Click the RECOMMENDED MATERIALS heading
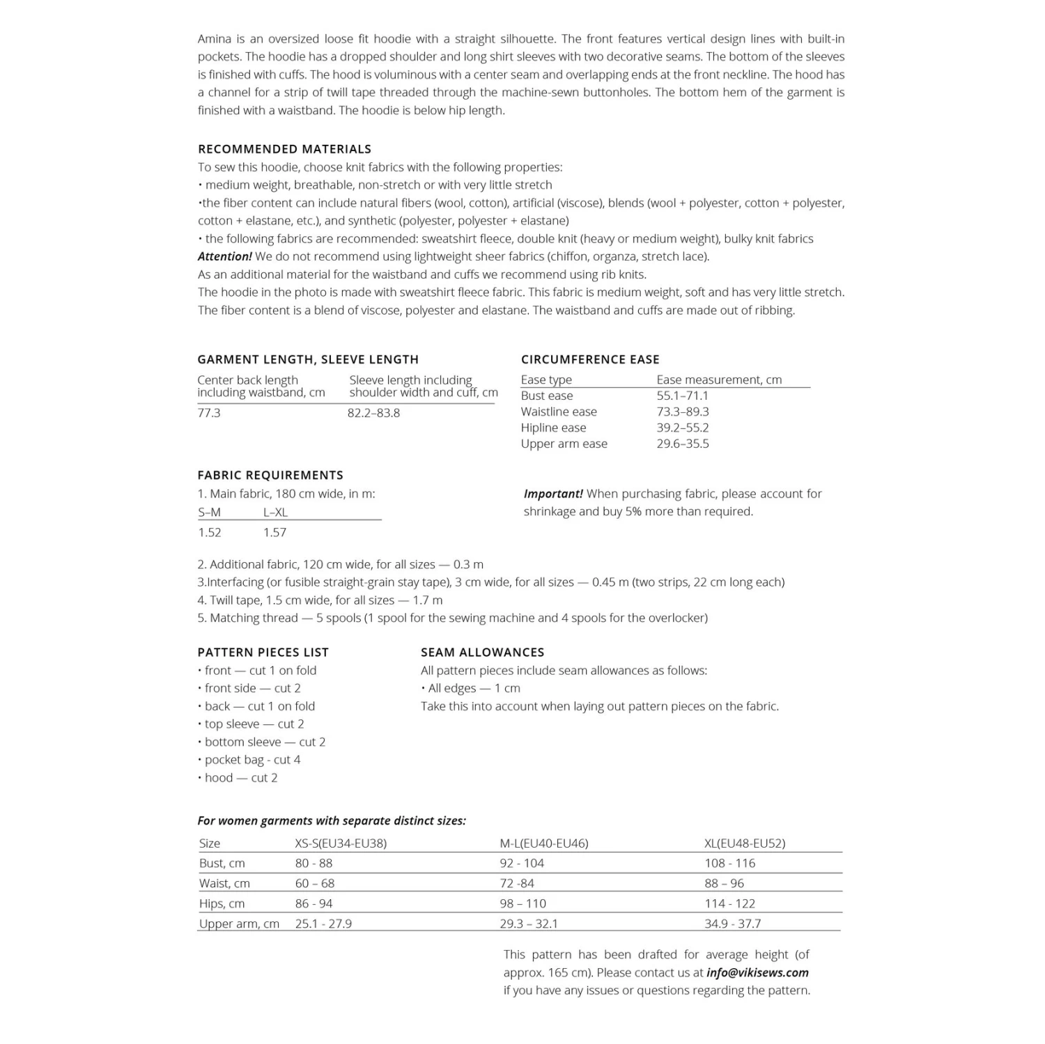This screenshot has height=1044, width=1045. pos(284,149)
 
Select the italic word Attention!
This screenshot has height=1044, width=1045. pos(224,256)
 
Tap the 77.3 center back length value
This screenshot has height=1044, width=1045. pos(209,413)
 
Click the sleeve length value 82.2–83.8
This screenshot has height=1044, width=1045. pos(373,413)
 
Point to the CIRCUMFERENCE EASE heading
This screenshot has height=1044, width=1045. pos(590,359)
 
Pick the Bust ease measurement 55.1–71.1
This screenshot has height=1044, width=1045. pos(682,396)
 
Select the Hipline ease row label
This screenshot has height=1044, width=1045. pos(553,428)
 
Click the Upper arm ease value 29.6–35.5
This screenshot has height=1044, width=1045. pos(682,444)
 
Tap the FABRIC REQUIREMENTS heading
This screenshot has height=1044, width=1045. pos(270,475)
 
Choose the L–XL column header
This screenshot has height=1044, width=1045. pos(275,513)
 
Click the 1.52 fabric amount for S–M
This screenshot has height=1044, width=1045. pos(209,533)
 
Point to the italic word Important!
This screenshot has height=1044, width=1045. pos(553,494)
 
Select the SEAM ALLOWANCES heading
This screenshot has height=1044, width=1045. pos(482,653)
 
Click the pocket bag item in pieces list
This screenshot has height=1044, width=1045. pos(252,760)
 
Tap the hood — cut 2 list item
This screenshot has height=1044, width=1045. pos(240,778)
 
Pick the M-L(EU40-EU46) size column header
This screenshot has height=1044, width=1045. pos(543,843)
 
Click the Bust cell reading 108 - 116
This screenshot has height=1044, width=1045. pos(729,864)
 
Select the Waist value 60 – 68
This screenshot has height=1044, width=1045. pos(314,883)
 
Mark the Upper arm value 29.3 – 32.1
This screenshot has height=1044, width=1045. pos(528,924)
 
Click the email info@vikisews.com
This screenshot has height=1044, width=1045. pos(757,973)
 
